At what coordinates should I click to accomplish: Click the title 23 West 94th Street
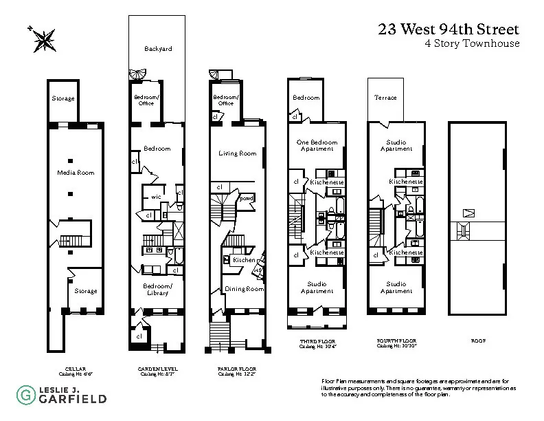tap(448, 30)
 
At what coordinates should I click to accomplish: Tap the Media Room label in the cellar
tap(76, 172)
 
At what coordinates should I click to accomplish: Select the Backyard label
tap(157, 49)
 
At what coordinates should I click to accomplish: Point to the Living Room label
tap(237, 153)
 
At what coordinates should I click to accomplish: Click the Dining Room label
tap(244, 289)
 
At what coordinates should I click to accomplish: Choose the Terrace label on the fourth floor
tap(385, 98)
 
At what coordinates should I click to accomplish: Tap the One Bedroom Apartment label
tap(317, 146)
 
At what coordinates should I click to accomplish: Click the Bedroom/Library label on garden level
tap(157, 289)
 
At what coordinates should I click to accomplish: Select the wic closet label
tap(156, 197)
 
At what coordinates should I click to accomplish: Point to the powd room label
tap(245, 198)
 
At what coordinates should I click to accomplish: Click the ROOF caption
tap(478, 340)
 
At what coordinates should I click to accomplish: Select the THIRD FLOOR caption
tap(317, 340)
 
